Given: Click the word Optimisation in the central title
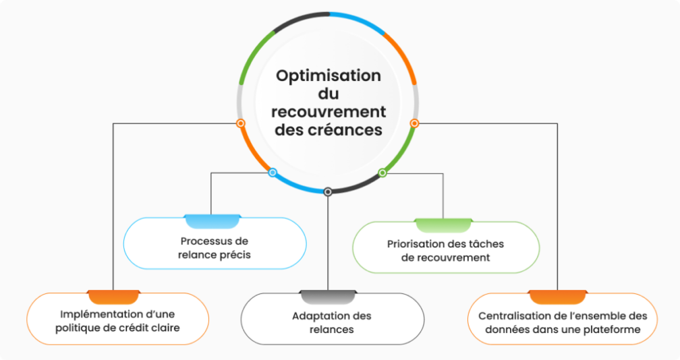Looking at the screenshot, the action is (x=329, y=76).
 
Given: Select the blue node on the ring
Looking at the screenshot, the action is (x=273, y=173).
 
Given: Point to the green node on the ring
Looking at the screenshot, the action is (x=382, y=173).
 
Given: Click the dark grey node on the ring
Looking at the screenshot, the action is (x=328, y=191).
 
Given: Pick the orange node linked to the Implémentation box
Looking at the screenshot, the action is (x=241, y=123).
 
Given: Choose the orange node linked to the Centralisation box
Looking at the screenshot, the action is (x=414, y=123).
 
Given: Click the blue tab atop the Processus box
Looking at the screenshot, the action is (x=212, y=221).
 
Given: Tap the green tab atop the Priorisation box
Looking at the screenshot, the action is (x=443, y=225).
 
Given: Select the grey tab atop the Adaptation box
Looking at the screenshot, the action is (x=328, y=297).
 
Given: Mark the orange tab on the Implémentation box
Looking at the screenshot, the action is (x=113, y=297).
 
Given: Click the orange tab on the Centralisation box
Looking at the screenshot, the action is (x=557, y=297).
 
